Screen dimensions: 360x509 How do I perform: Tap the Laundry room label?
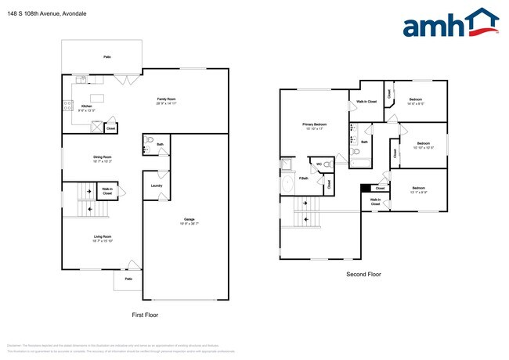point(157,185)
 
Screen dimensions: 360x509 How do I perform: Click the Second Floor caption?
point(363,275)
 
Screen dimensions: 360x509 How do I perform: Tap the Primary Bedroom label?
point(315,126)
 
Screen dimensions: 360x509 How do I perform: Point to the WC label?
point(319,165)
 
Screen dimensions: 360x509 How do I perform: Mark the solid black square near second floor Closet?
point(364,188)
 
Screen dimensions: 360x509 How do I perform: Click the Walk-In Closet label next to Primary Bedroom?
point(366,102)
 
